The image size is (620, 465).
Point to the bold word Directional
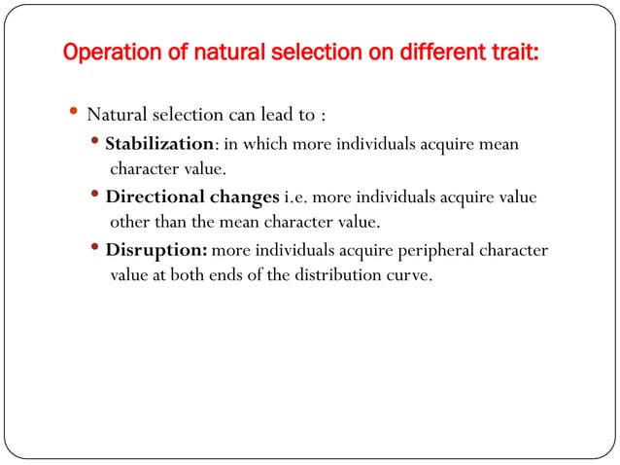pyautogui.click(x=155, y=198)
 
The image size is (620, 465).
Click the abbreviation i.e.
pyautogui.click(x=296, y=198)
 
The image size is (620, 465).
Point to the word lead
pyautogui.click(x=282, y=115)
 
